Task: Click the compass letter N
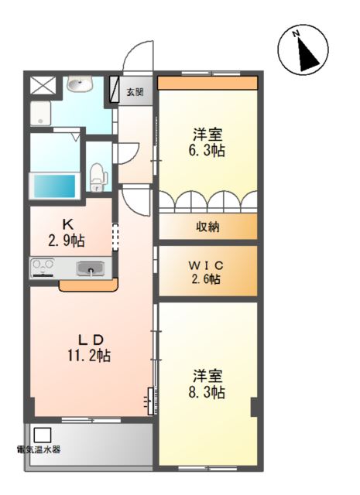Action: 296,33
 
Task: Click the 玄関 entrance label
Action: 135,92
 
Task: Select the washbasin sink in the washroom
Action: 80,84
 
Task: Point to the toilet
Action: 98,177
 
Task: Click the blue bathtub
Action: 55,186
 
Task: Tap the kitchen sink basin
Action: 90,268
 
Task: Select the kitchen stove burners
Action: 43,268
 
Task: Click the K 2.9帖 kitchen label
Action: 67,234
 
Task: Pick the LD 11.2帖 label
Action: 89,348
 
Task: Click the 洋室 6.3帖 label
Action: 207,143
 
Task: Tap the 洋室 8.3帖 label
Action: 207,384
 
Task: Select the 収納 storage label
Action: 207,227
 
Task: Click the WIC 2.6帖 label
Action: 206,272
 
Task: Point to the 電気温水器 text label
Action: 39,449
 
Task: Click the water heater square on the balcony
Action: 43,435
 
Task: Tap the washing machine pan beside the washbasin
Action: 40,114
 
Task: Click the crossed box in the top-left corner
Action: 43,85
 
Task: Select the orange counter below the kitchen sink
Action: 88,285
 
